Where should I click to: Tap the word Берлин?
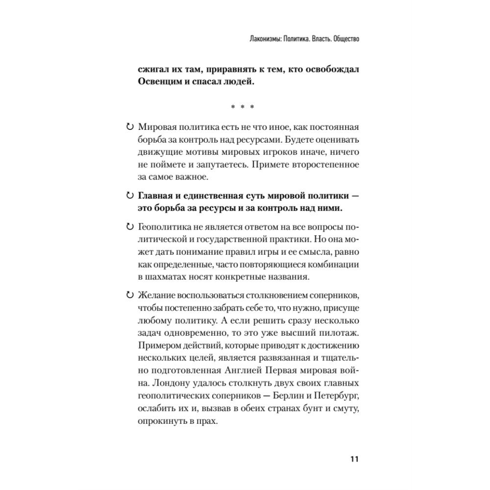pyautogui.click(x=286, y=395)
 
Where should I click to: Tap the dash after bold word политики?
pyautogui.click(x=356, y=196)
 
